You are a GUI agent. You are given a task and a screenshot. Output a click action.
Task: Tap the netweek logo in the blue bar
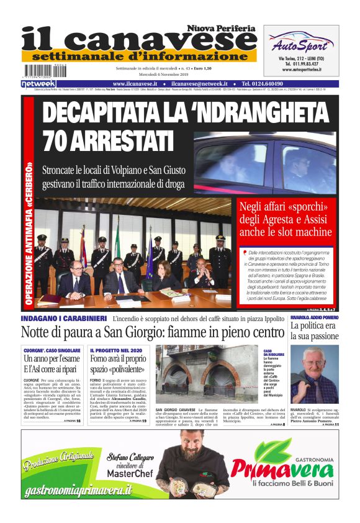tap(38, 83)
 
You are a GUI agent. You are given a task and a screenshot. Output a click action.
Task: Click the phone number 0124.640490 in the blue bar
tap(271, 83)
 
